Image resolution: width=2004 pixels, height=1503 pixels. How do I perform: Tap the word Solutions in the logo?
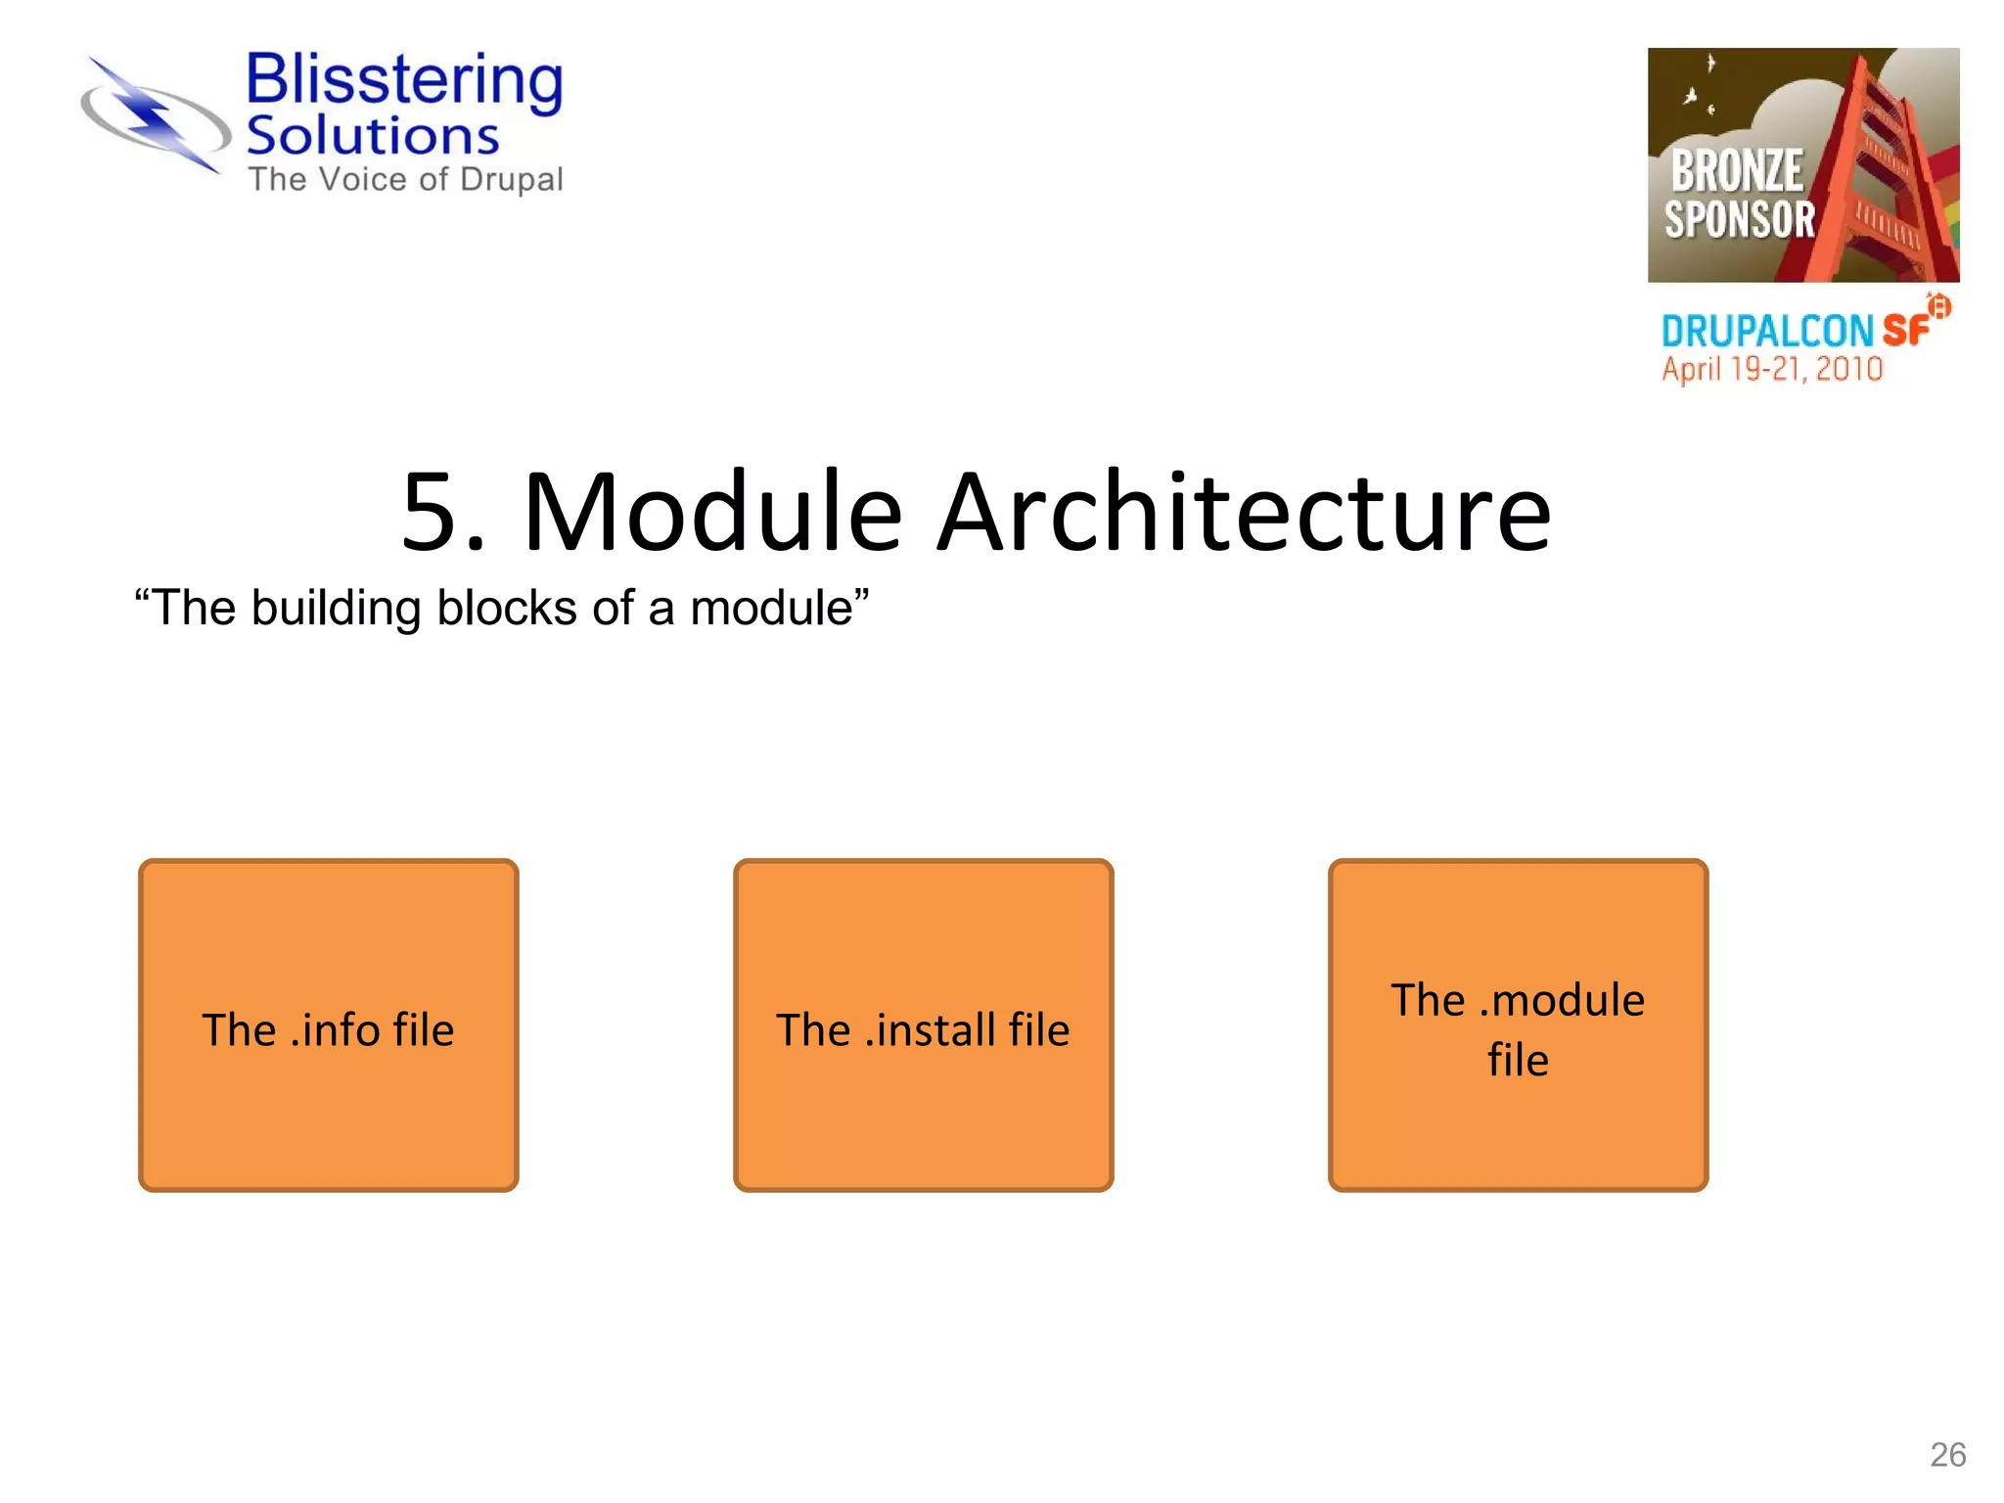(x=372, y=137)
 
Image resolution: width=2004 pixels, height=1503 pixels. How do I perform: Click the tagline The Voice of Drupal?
(x=405, y=180)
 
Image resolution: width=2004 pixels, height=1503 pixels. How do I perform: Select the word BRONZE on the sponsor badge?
(x=1736, y=171)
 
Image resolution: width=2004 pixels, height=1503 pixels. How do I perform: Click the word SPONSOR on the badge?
(x=1740, y=220)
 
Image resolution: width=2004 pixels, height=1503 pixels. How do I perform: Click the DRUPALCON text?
(x=1767, y=332)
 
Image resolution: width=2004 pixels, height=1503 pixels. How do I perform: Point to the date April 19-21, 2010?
(x=1772, y=370)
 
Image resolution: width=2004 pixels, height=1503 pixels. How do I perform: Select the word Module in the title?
(x=712, y=513)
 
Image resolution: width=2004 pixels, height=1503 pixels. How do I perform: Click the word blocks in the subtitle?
(x=507, y=609)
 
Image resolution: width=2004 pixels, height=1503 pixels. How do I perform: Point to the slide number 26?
(x=1947, y=1455)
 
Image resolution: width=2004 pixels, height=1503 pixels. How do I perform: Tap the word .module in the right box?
(x=1562, y=1001)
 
